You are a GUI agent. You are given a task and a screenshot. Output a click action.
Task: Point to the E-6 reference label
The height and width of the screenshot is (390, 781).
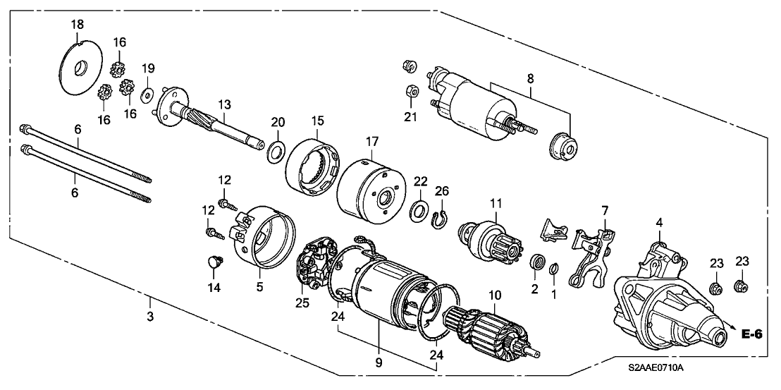tap(752, 334)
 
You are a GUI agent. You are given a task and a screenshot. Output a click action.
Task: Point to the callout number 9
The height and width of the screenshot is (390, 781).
tap(378, 363)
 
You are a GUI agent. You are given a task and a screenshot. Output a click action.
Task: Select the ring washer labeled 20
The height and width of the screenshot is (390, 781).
tap(276, 151)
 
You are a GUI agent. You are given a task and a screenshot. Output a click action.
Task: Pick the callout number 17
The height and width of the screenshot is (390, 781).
tap(371, 142)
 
